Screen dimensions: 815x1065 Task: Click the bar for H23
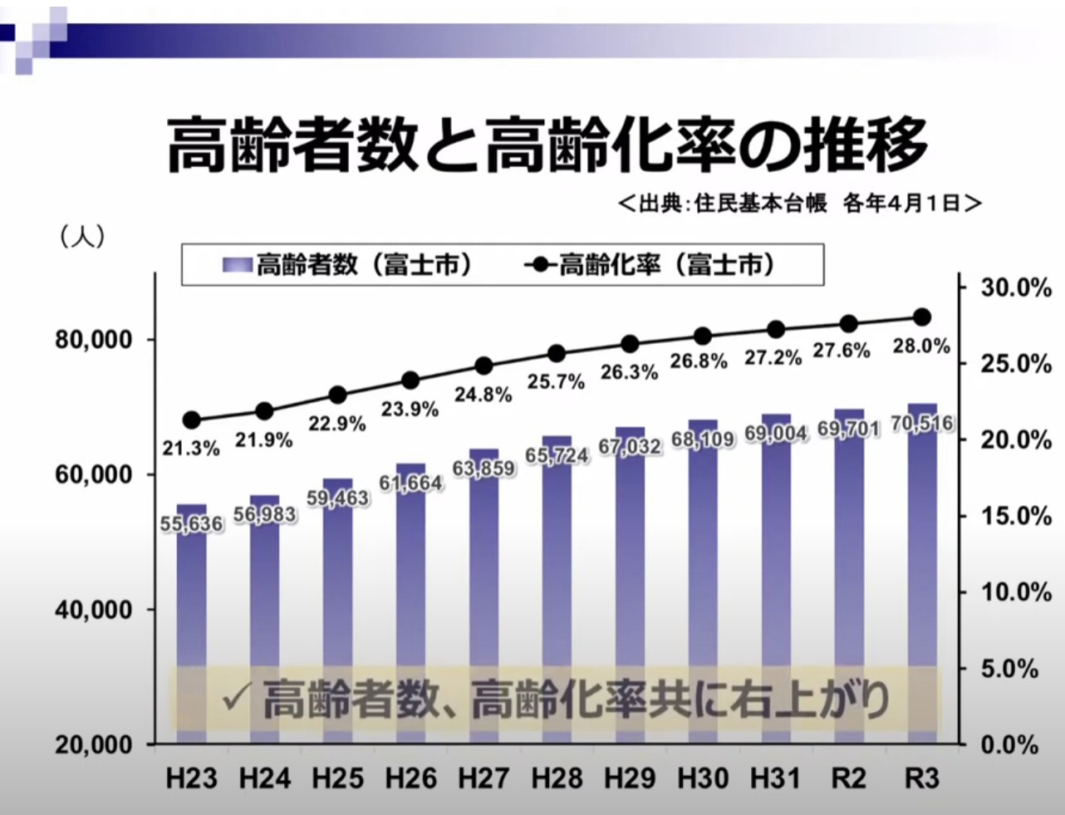pos(192,598)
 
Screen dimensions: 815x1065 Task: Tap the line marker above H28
pos(557,354)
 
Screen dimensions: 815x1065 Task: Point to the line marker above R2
pos(848,324)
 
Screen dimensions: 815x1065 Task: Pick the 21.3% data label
pos(191,449)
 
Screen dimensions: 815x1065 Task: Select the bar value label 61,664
pos(411,483)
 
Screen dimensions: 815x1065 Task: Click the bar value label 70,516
pos(921,424)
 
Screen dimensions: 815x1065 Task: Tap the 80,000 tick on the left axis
pos(94,340)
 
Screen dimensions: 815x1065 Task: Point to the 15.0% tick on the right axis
pos(1016,516)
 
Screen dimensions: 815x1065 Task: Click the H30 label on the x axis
pos(703,778)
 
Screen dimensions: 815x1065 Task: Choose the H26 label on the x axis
pos(410,778)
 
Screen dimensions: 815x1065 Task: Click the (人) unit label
pos(82,237)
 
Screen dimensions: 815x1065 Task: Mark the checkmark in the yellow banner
pos(237,699)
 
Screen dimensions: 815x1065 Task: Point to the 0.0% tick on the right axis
pos(1009,744)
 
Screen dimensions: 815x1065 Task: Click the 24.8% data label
pos(483,395)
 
